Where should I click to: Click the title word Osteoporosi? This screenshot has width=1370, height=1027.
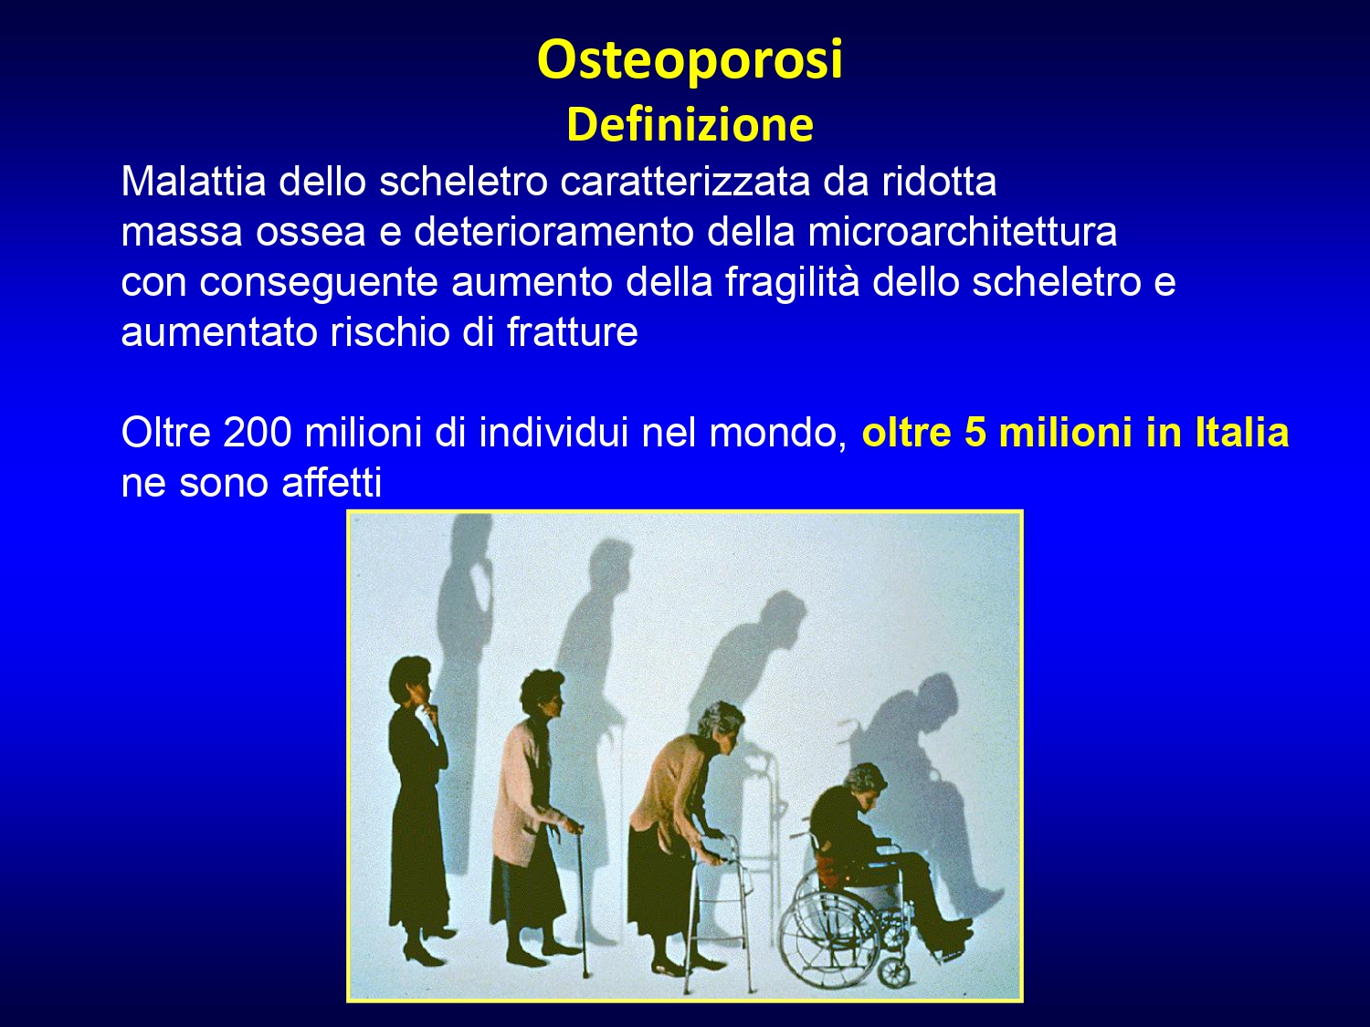(690, 60)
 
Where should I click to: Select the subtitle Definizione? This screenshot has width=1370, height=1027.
(690, 125)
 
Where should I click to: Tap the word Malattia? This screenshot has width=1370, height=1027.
(194, 182)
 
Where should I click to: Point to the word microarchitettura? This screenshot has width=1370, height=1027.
(962, 231)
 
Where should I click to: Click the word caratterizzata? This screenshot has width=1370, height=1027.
(685, 182)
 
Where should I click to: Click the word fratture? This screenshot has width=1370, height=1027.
(572, 332)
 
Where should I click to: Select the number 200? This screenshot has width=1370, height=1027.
(258, 432)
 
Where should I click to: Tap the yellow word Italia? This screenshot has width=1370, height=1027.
(1242, 432)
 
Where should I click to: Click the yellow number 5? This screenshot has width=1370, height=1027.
(975, 432)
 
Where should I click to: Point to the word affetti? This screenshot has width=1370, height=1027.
(332, 482)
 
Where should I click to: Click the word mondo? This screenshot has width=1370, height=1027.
(777, 434)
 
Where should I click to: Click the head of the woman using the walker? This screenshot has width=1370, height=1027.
(722, 725)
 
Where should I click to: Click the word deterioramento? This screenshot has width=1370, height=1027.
(553, 231)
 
